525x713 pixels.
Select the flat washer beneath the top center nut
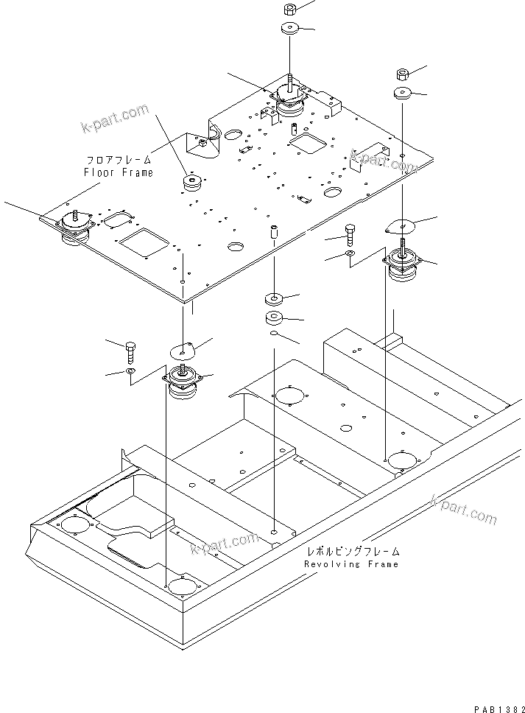pyautogui.click(x=289, y=29)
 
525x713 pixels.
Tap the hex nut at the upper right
pyautogui.click(x=403, y=74)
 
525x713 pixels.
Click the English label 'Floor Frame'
pyautogui.click(x=119, y=172)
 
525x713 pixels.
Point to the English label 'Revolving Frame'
pyautogui.click(x=351, y=563)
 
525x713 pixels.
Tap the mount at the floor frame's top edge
pyautogui.click(x=289, y=102)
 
